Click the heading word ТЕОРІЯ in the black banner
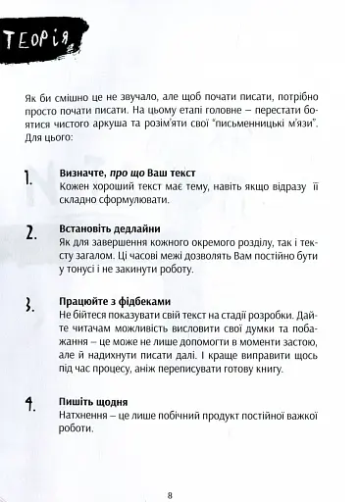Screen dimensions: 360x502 (45, 40)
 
